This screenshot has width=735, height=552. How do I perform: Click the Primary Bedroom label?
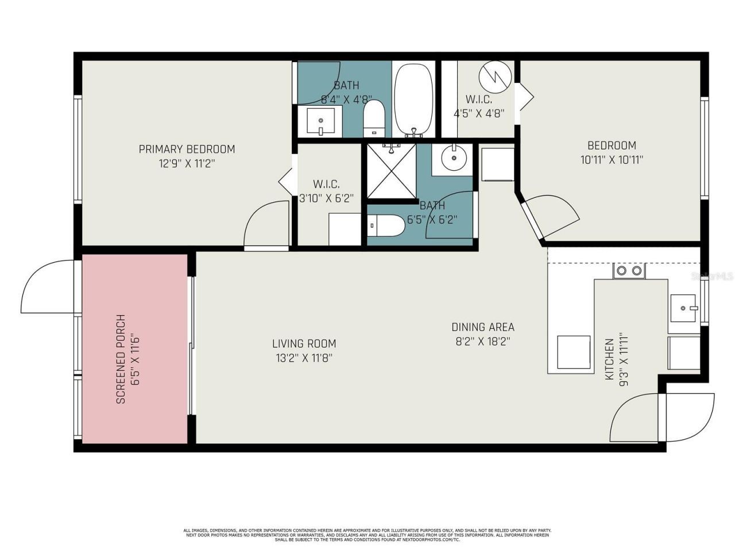(x=187, y=149)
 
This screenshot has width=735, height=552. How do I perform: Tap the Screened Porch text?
(x=121, y=359)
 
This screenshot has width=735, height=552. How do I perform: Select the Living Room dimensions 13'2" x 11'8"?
(x=304, y=358)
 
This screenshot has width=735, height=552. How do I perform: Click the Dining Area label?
(x=482, y=327)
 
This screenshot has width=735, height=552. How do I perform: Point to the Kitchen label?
(x=609, y=359)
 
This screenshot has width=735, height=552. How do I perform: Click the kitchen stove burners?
(x=629, y=271)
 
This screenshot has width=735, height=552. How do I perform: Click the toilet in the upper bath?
(x=374, y=117)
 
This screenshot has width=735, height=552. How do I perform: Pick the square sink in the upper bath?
(x=320, y=121)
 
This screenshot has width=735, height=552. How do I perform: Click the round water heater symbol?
(x=494, y=76)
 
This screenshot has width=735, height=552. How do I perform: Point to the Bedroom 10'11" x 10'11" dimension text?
(x=612, y=160)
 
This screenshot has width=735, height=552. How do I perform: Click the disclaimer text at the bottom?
(x=367, y=535)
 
